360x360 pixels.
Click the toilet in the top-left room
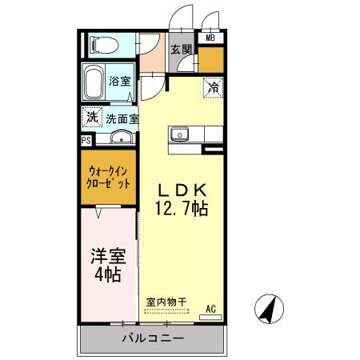(102, 43)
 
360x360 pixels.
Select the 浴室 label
(120, 81)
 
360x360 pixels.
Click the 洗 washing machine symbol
(93, 117)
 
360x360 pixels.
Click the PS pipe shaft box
(86, 139)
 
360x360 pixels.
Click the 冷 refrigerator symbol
(214, 85)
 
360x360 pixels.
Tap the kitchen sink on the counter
(178, 134)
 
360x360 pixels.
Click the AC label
(210, 309)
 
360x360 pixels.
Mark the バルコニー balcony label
(154, 338)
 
